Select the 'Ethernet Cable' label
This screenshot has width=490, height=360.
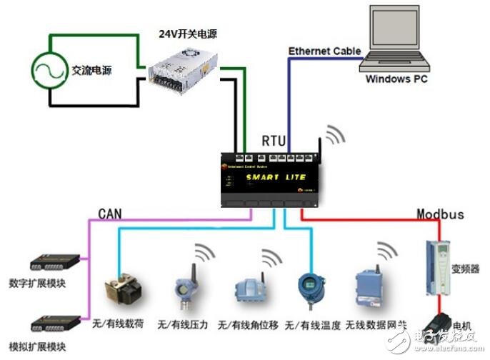pyautogui.click(x=324, y=51)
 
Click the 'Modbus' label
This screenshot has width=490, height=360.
pyautogui.click(x=441, y=214)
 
